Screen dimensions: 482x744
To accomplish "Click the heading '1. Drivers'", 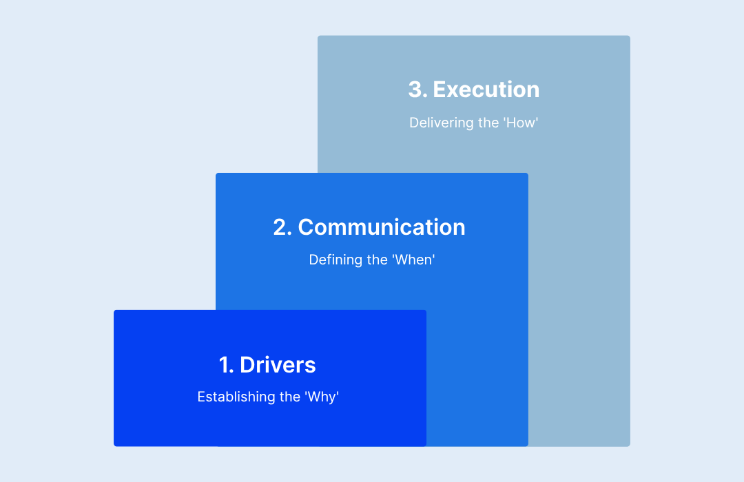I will coord(267,365).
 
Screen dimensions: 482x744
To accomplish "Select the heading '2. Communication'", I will coord(369,227).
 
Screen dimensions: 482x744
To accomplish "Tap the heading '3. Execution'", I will coord(474,90).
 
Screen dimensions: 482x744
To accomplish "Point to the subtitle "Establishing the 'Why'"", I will coord(268,397).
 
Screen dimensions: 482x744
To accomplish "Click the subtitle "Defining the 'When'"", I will coord(372,260).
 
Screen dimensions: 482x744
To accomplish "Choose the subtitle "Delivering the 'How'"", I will coord(473,123).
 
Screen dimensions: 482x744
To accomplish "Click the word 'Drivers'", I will coord(278,365).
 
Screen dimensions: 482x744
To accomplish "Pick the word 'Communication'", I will coord(382,227).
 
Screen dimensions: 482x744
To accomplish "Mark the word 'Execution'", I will coord(486,90).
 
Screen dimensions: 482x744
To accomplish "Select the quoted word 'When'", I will coord(413,260).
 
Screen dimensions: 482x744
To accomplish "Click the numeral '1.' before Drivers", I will coord(227,365).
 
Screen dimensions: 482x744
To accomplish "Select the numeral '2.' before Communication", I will coord(282,227).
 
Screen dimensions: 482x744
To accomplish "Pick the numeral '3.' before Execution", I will coord(417,90).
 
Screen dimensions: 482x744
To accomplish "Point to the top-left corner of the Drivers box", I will coord(115,311).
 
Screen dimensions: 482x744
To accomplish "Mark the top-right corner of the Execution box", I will coord(629,36).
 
